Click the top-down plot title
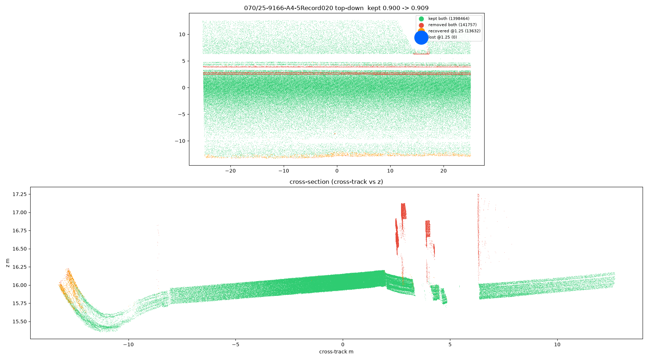point(336,8)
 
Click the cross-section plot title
point(336,182)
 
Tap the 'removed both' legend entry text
point(452,25)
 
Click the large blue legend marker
point(421,37)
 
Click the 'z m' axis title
point(8,263)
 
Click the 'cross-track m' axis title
point(336,352)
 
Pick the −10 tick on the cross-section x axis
point(128,345)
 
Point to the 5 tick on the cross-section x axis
point(450,345)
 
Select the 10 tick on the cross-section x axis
point(557,345)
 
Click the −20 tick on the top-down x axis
point(230,171)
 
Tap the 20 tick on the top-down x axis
point(444,171)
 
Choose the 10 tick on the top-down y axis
point(182,35)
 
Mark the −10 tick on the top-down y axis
point(180,141)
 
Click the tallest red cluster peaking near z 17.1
point(404,211)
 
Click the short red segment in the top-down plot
point(421,54)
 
